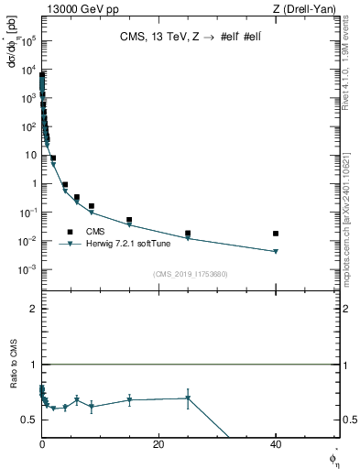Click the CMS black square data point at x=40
[x=276, y=234]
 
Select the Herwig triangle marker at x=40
[x=276, y=252]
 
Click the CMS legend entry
[x=95, y=232]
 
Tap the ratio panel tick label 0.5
[x=29, y=420]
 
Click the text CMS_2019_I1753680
[x=190, y=273]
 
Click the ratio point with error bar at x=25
[x=188, y=398]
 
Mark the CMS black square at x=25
[x=188, y=234]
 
